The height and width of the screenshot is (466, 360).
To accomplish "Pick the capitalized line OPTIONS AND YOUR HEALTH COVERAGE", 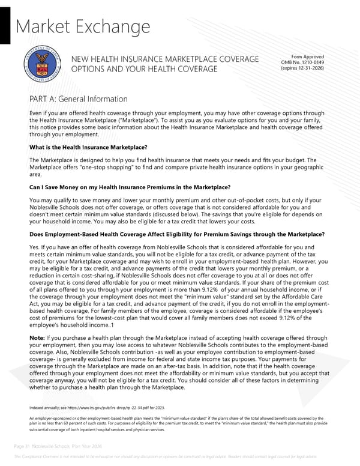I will tap(144, 70).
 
